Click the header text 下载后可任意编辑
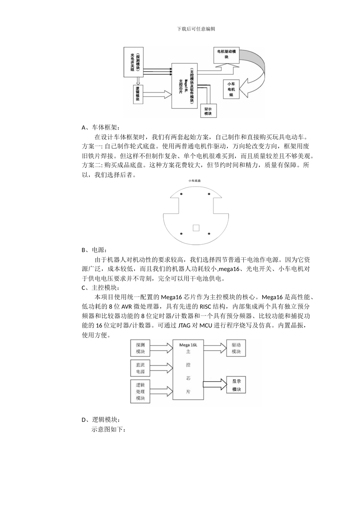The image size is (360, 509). point(196,29)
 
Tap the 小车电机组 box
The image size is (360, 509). point(231,89)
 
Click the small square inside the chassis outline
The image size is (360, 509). point(196,228)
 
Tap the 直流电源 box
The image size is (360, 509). point(140,368)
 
